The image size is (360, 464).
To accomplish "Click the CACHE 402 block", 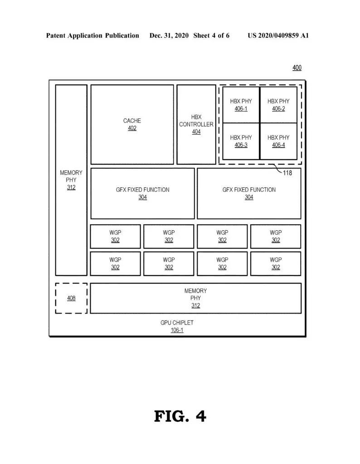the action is pos(132,125).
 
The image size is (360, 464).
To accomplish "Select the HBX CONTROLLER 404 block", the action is pos(196,125).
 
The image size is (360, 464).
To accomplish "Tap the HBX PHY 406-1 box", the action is pos(241,105).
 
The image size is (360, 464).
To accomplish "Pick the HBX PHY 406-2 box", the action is pos(278,105).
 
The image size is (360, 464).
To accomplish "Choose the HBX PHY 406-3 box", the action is pos(241,141).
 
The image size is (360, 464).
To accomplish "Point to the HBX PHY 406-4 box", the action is pos(278,141).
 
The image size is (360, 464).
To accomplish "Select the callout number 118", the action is pos(287,173).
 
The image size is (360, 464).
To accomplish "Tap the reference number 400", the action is pos(297,68).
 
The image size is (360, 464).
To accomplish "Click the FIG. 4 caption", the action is pos(180,416).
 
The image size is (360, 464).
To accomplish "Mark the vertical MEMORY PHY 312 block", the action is pos(71,180).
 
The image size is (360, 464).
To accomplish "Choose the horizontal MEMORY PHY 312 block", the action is pos(196,298).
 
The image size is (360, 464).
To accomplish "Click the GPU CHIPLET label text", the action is pos(177,323).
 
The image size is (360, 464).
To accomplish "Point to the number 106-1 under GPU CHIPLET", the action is pos(177,330).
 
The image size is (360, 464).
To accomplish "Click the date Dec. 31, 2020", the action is pos(169,35).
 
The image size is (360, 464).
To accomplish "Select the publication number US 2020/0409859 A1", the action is pos(278,35).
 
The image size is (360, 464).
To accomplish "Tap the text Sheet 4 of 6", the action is pos(211,35).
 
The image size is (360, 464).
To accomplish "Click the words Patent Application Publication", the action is pos(92,35).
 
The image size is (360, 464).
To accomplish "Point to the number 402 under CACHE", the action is pos(132,128).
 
